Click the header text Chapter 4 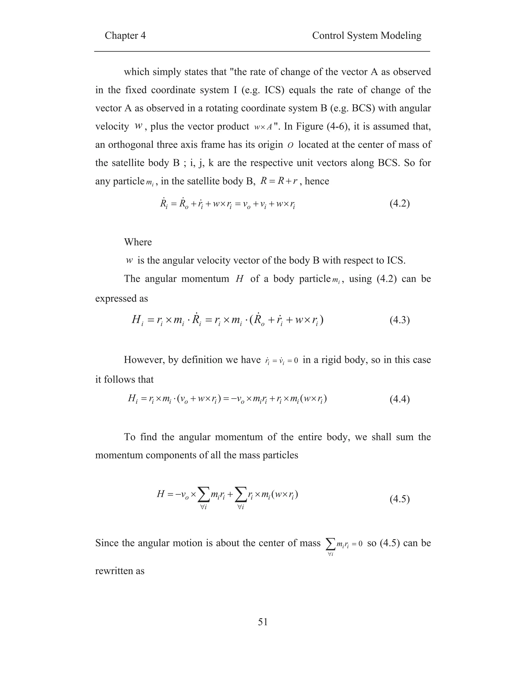tap(125, 35)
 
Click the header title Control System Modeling tap(367, 35)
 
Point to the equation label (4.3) tap(399, 320)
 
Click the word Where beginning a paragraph tap(138, 242)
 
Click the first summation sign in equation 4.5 tap(203, 494)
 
